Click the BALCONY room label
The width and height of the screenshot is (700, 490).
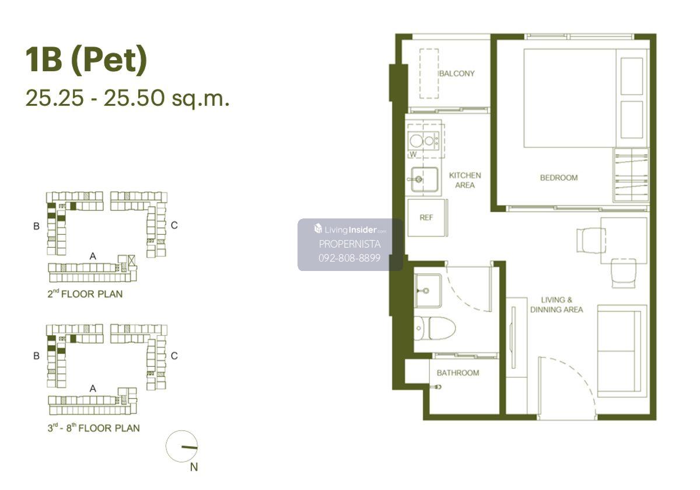tap(457, 74)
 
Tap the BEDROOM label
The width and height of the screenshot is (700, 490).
tap(559, 178)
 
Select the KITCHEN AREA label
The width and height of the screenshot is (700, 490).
tap(465, 180)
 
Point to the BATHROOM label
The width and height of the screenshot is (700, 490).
tap(458, 373)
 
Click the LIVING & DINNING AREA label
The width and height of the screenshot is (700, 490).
tap(556, 304)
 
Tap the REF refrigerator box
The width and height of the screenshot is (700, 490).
tap(426, 217)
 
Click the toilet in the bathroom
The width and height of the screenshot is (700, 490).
tap(435, 328)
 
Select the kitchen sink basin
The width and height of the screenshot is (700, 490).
tap(424, 179)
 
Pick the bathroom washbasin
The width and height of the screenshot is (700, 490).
tap(428, 291)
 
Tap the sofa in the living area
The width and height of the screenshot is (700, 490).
tap(622, 351)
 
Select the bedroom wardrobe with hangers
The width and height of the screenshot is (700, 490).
tap(631, 175)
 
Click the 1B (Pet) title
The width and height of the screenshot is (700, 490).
tap(86, 60)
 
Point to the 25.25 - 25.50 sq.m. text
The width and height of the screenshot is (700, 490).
tap(128, 98)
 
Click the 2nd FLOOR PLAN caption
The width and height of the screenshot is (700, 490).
tap(85, 294)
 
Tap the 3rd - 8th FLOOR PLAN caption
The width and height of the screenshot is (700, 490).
tap(93, 428)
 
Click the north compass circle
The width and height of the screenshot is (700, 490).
tap(181, 446)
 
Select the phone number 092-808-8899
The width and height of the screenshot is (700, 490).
tap(349, 258)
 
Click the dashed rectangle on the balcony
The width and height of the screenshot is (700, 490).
tap(429, 74)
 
